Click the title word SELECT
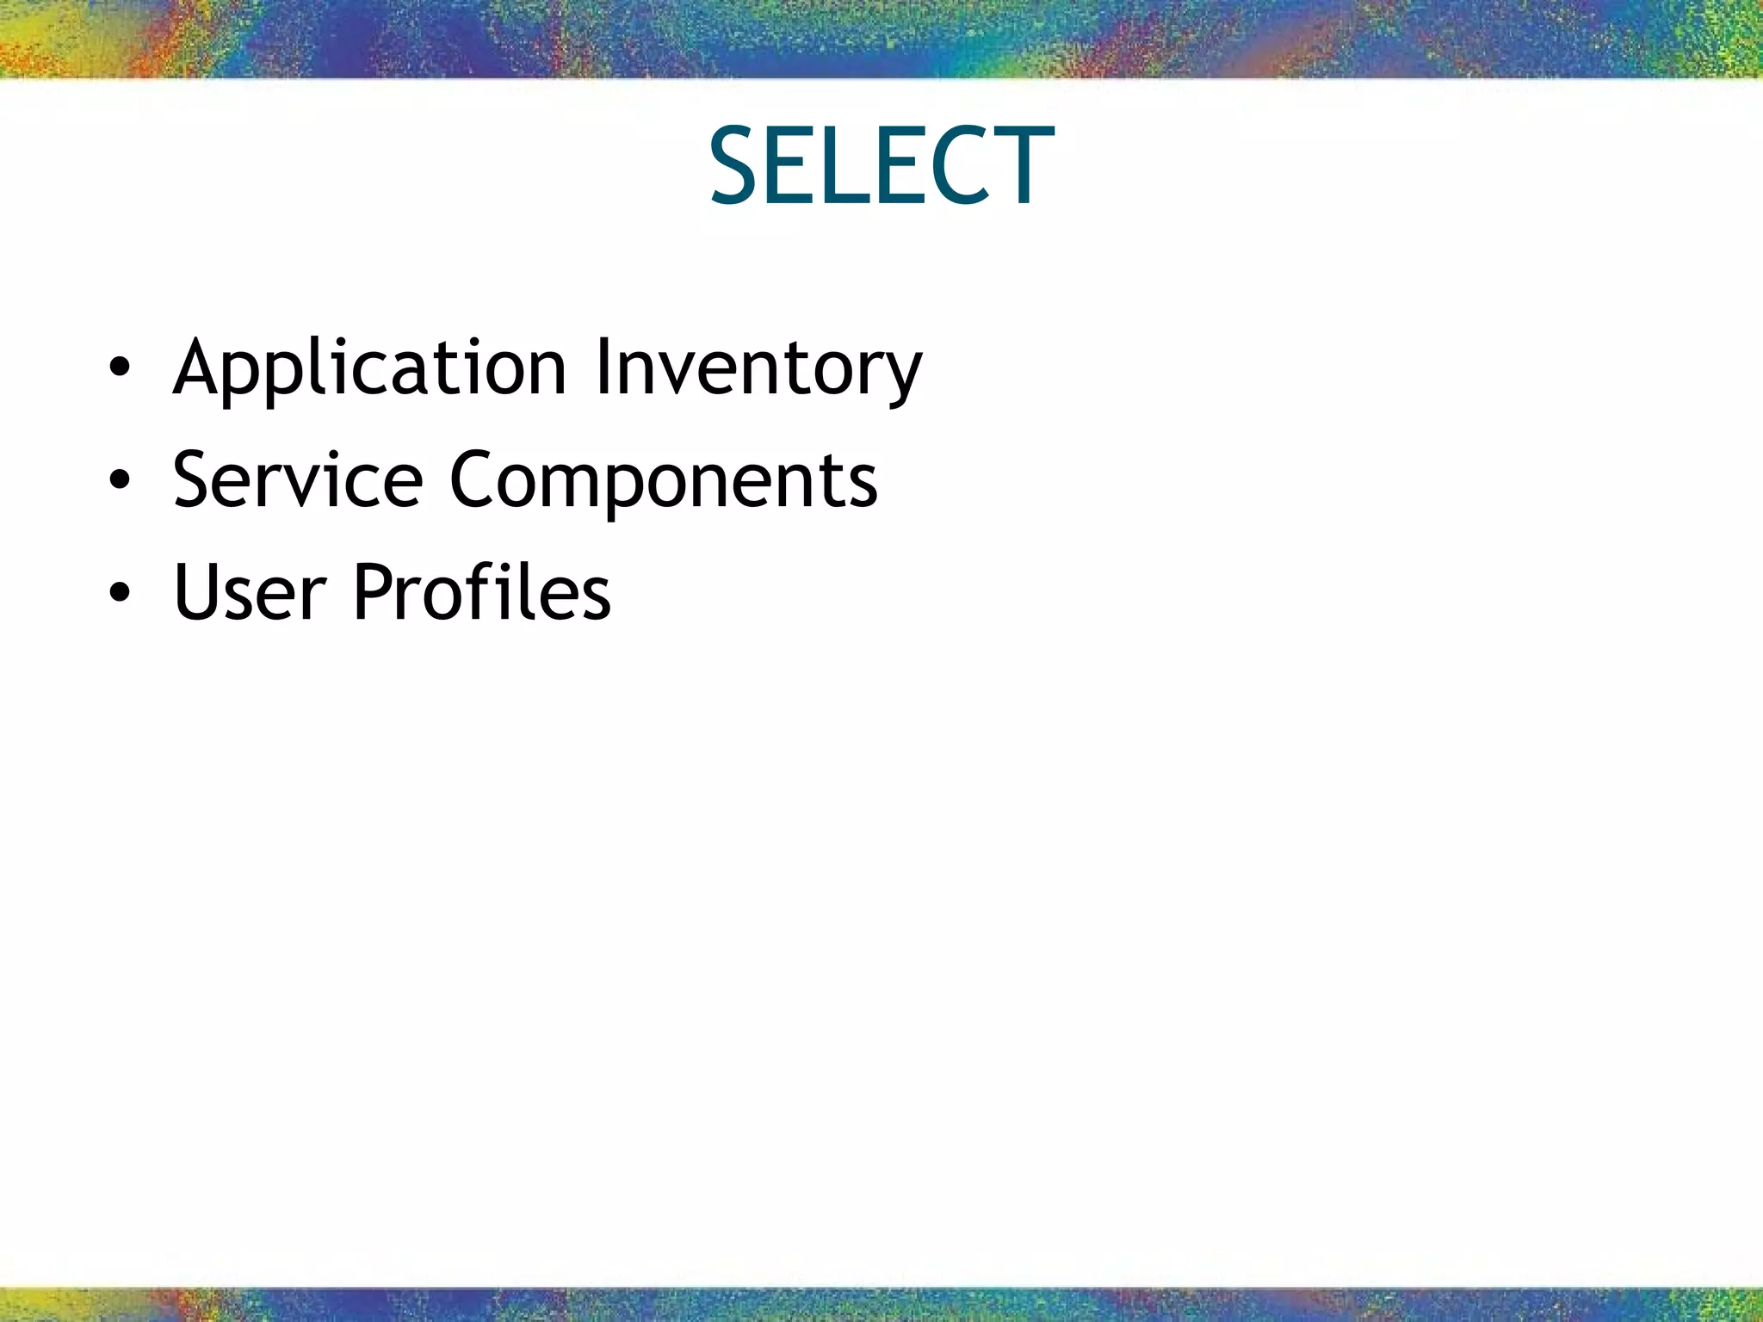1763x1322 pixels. point(881,166)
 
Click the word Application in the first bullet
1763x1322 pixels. point(369,368)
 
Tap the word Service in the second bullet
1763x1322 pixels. point(298,479)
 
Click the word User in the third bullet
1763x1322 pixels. point(250,591)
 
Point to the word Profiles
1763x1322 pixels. point(482,591)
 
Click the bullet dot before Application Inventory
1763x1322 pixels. point(120,368)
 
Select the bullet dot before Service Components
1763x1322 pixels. point(120,479)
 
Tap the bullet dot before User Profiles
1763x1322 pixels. point(120,592)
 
